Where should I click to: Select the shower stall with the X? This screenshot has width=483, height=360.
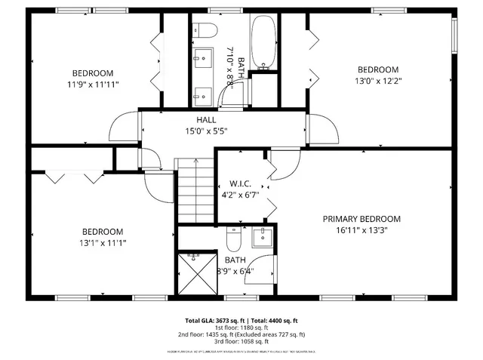(x=195, y=271)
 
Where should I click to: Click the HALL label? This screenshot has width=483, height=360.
(x=206, y=120)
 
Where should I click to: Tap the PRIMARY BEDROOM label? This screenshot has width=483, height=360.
(x=361, y=219)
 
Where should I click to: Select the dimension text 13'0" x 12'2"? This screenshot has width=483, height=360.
(x=377, y=82)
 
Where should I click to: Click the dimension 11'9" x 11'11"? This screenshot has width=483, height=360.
(x=93, y=85)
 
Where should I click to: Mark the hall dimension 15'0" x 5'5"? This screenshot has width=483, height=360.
(x=206, y=131)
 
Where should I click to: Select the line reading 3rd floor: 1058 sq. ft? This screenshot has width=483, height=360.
(x=241, y=341)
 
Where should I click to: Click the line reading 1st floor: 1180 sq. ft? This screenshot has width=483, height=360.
(x=241, y=328)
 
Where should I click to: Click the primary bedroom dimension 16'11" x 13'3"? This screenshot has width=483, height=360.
(x=361, y=231)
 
